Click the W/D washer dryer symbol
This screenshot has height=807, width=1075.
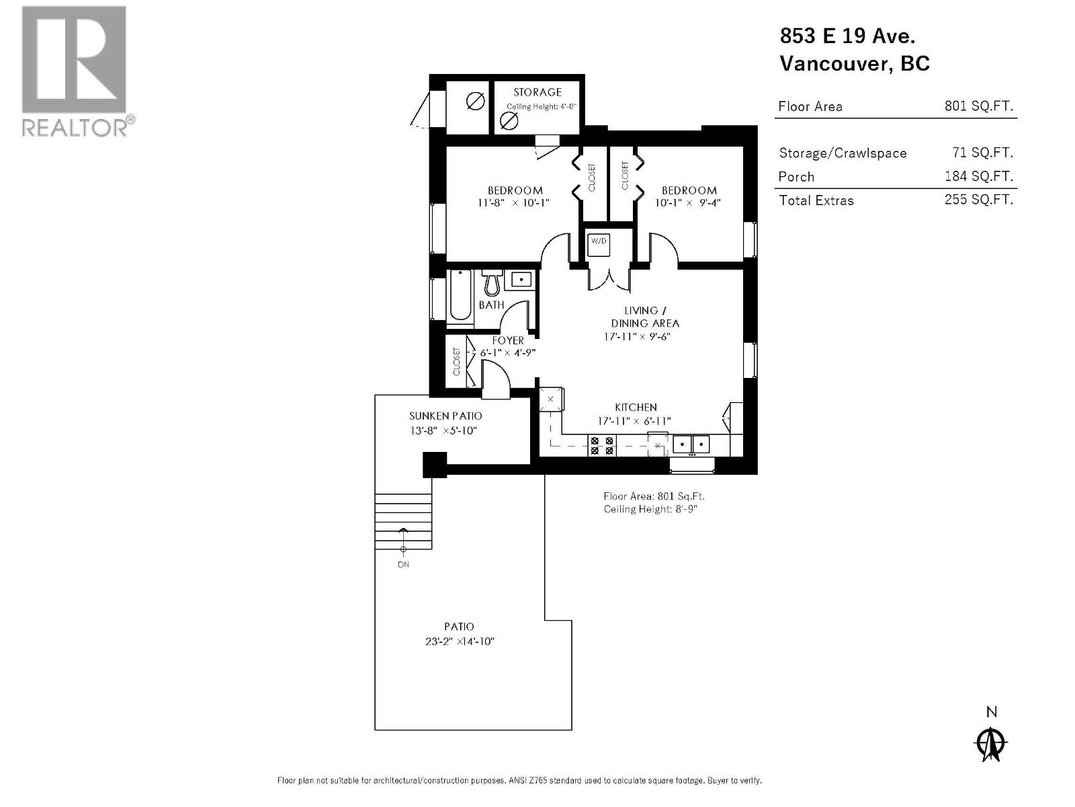point(598,244)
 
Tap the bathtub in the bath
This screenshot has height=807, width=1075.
point(460,295)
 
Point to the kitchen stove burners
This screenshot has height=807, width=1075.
point(601,446)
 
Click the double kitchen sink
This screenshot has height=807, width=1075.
point(691,444)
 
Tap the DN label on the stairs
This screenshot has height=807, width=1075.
point(403,564)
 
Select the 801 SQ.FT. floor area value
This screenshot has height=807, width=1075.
point(978,106)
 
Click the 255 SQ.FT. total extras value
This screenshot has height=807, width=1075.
point(978,200)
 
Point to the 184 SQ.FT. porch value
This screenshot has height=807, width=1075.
point(978,176)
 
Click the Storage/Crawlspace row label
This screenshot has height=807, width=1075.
point(843,153)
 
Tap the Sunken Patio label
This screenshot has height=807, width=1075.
point(445,416)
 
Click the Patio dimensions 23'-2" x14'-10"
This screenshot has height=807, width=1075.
point(459,641)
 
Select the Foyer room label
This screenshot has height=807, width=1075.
point(507,340)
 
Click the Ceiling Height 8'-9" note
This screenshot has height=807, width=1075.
point(644,509)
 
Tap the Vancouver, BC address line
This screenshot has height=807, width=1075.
point(854,63)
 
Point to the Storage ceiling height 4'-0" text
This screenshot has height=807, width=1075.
point(542,106)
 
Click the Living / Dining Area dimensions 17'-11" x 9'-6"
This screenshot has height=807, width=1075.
point(637,336)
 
